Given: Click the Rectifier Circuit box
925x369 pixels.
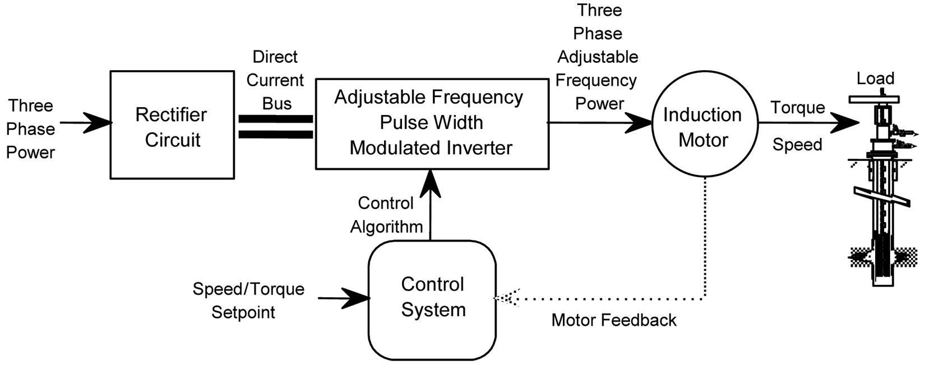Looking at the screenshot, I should tap(172, 125).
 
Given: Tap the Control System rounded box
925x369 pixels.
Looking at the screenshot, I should tap(432, 299).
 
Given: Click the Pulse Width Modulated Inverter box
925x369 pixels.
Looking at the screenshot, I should tap(432, 123).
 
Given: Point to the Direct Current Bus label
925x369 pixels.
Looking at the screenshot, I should tap(275, 80).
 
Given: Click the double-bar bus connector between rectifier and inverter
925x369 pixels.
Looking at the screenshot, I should tap(275, 127).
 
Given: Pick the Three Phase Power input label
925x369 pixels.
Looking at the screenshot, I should tap(31, 129).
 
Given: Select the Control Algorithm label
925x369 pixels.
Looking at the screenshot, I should tap(386, 215).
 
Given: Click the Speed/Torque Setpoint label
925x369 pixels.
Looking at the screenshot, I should tap(248, 300).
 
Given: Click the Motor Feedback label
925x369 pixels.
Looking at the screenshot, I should tap(614, 320).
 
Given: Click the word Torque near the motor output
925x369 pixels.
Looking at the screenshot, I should tap(797, 108).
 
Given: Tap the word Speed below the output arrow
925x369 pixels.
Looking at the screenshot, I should tap(797, 145).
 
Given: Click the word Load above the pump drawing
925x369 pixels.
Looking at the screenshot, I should tap(875, 79).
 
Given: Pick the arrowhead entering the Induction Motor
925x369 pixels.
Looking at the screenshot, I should tap(639, 122).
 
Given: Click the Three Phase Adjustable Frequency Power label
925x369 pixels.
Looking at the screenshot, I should tap(598, 57).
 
